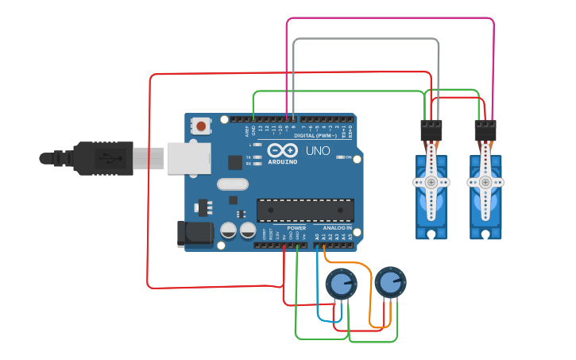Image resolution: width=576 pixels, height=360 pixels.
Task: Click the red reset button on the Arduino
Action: pos(202,126)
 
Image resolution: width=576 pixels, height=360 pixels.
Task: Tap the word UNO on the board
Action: pos(318,151)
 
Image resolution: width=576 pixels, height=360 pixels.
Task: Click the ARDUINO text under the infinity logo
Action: pos(283,161)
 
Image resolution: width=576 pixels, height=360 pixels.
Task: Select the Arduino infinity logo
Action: pos(283,151)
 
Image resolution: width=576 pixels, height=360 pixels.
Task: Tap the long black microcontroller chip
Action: pos(305,210)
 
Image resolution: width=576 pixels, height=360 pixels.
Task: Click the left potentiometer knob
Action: pos(341,284)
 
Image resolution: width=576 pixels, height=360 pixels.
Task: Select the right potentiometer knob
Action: pos(389,282)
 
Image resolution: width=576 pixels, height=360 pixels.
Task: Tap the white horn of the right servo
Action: pos(485,183)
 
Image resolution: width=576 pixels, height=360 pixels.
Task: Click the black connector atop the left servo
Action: pos(431,130)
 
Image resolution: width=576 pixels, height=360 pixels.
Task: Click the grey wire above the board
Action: pos(365,38)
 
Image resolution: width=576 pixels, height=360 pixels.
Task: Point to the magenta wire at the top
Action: pos(389,17)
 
